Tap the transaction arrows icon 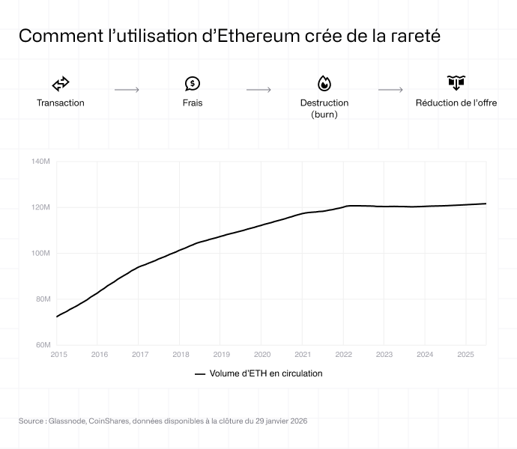pyautogui.click(x=61, y=84)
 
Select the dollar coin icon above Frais pyautogui.click(x=193, y=83)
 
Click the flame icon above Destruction pyautogui.click(x=324, y=83)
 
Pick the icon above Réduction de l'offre pyautogui.click(x=456, y=83)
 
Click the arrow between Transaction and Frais pyautogui.click(x=127, y=90)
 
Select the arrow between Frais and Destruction pyautogui.click(x=258, y=90)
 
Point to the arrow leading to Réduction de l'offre pyautogui.click(x=390, y=90)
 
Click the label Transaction pyautogui.click(x=61, y=103)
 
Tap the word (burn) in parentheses pyautogui.click(x=324, y=114)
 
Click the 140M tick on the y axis pyautogui.click(x=40, y=161)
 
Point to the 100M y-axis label pyautogui.click(x=40, y=253)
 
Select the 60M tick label pyautogui.click(x=42, y=345)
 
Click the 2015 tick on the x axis pyautogui.click(x=58, y=354)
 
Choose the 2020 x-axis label pyautogui.click(x=262, y=354)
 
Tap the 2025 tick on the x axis pyautogui.click(x=465, y=354)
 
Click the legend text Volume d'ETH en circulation pyautogui.click(x=266, y=373)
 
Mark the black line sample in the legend pyautogui.click(x=199, y=373)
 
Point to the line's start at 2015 pyautogui.click(x=58, y=317)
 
